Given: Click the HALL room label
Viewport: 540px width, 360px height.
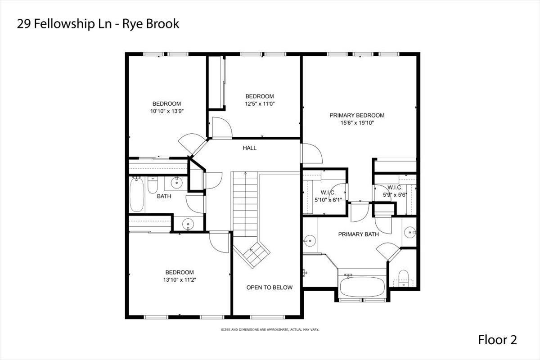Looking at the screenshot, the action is pos(249,148).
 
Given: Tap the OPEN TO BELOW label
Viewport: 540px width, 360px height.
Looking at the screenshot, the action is pos(269,287).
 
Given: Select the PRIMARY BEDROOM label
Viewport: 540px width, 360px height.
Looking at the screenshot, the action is pos(357,115).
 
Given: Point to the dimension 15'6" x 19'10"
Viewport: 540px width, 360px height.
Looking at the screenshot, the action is pos(357,123).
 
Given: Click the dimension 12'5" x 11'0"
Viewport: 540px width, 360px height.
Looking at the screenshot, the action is pos(260,103).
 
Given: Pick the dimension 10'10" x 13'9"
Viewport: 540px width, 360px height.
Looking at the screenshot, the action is pos(167,111).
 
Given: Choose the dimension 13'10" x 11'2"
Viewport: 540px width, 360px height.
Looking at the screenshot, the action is pos(180,280).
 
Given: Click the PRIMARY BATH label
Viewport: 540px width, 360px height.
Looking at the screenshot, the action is pos(358,234).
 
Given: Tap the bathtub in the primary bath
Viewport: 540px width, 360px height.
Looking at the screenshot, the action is pos(362,286).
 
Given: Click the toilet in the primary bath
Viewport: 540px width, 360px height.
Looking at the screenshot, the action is pos(403,278).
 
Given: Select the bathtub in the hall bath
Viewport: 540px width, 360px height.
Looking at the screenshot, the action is pos(137,194).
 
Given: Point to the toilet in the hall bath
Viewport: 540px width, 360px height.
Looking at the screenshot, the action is pos(153,184).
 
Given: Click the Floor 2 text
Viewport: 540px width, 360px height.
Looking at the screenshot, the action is pos(497,340).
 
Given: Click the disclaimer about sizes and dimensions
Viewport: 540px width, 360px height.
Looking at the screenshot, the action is pos(270,329).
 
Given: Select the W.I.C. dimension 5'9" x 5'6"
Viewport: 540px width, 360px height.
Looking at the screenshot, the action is pos(395,195).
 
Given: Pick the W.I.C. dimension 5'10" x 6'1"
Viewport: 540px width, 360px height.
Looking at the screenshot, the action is pos(328,200).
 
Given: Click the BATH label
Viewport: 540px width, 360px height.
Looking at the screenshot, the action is pos(164,196).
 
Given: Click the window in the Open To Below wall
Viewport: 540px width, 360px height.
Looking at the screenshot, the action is pos(267,317).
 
